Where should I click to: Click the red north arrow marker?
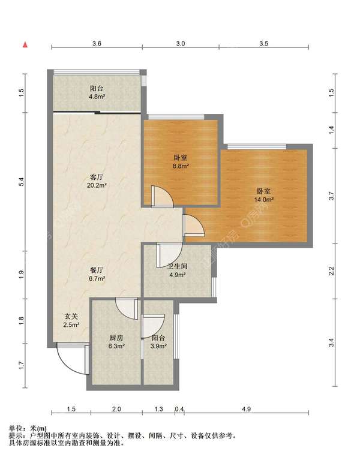click(25, 44)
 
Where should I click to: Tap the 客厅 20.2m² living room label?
click(97, 181)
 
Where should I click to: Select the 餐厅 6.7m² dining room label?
click(97, 274)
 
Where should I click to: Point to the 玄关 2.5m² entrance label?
click(71, 320)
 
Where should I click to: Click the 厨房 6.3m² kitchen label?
click(116, 341)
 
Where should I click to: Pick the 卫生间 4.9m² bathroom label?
click(177, 270)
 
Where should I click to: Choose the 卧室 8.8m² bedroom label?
click(180, 162)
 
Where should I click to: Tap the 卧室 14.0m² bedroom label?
click(263, 196)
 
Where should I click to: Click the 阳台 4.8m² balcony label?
click(97, 92)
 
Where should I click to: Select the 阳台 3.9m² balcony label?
click(158, 342)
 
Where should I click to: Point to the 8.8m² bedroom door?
click(162, 197)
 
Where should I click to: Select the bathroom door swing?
click(170, 255)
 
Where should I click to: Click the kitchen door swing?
click(127, 309)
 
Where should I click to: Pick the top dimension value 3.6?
click(97, 43)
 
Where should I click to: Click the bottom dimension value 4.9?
click(247, 409)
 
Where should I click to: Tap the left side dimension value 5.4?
click(21, 182)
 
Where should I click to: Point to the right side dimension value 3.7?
click(331, 196)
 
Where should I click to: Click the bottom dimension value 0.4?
click(179, 409)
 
